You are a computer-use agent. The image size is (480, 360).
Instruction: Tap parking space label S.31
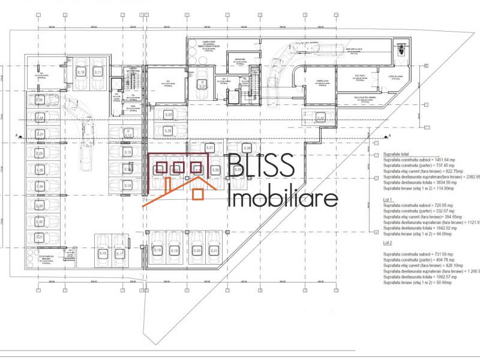click(203, 86)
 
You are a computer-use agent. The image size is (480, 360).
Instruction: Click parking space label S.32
click(321, 118)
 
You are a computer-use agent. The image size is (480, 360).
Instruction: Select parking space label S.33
click(169, 115)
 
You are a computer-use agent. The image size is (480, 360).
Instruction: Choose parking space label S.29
click(169, 130)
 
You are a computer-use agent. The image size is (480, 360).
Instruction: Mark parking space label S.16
click(103, 254)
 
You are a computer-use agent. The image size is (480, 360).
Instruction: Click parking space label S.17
click(119, 254)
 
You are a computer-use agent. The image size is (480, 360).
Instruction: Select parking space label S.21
click(214, 250)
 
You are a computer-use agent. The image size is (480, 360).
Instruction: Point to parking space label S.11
click(98, 71)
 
